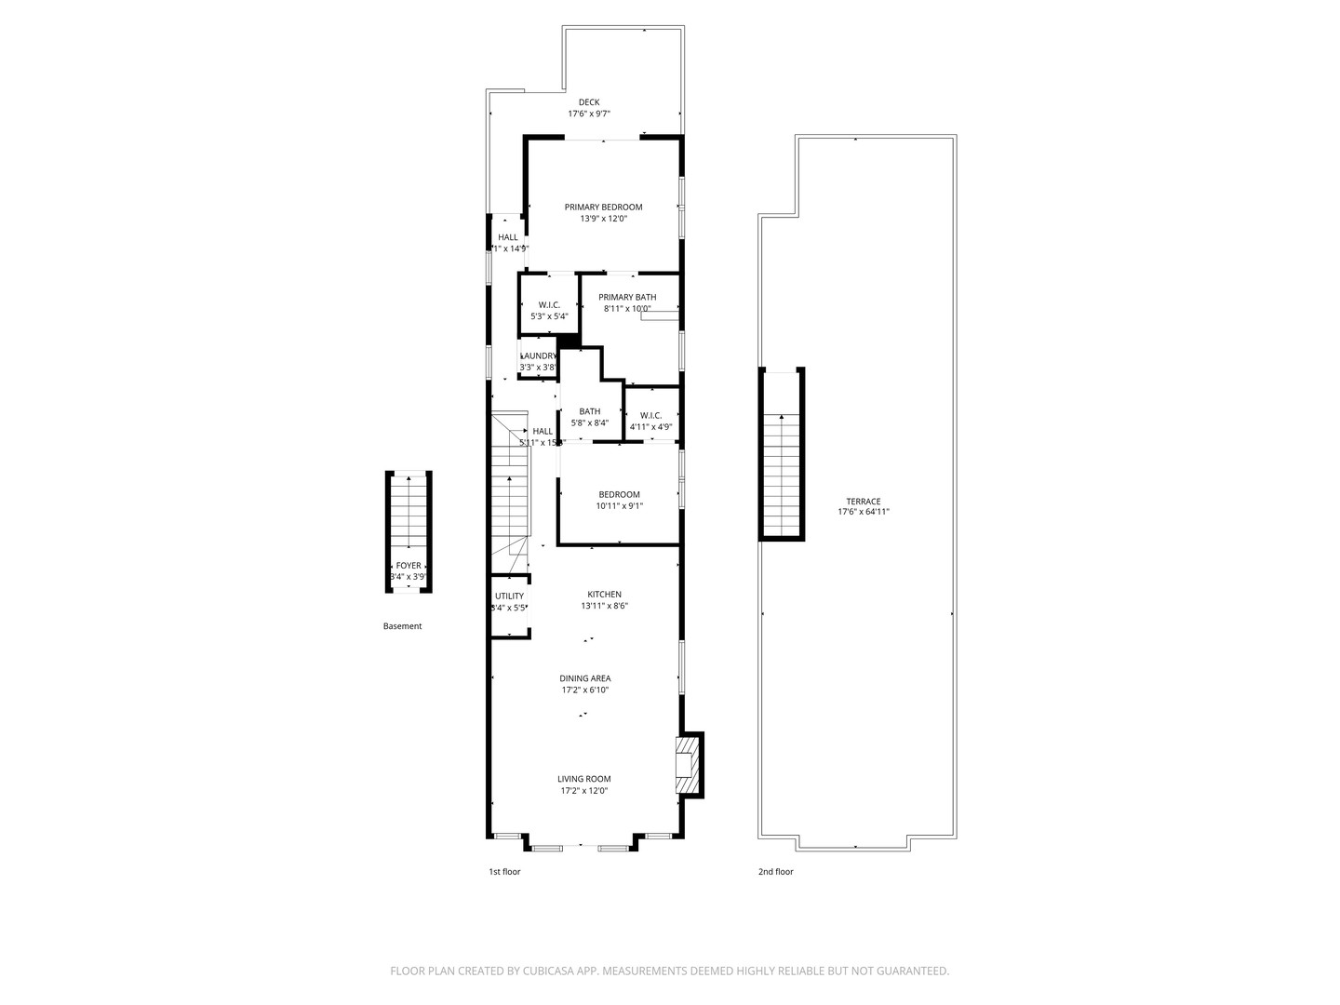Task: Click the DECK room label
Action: [x=589, y=102]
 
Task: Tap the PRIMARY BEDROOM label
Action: [x=603, y=208]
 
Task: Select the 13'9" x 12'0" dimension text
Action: [x=603, y=220]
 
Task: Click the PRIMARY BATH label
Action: [x=626, y=298]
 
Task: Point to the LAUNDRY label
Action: [x=539, y=356]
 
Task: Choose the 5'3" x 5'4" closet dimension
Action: [x=549, y=316]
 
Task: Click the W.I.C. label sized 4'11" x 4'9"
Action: [x=650, y=416]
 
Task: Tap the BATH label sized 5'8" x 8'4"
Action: [x=589, y=411]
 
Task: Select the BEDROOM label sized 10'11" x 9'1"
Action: [x=619, y=495]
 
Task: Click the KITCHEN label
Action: [x=604, y=595]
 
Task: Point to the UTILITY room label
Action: [x=509, y=596]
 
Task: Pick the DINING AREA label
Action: [x=584, y=678]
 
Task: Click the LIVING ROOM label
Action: [x=583, y=779]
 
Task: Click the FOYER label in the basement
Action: [x=409, y=566]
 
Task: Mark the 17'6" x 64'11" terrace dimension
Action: [x=863, y=512]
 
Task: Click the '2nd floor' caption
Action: [x=775, y=872]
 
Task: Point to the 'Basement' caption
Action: [x=402, y=626]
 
